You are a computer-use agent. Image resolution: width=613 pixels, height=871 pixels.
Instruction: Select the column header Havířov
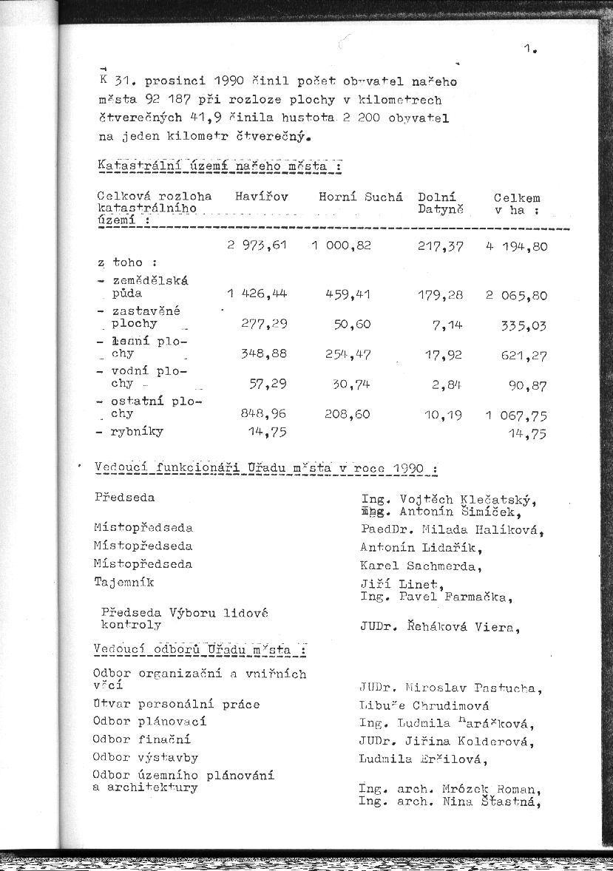coord(261,197)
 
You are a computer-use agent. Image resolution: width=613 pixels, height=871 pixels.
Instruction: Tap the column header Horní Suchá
coord(361,197)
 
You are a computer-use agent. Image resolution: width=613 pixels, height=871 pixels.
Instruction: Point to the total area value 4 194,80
coord(517,246)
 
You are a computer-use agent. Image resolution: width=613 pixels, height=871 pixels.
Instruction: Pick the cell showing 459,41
coord(348,294)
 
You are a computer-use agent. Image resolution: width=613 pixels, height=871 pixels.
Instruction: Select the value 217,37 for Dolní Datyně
coord(441,246)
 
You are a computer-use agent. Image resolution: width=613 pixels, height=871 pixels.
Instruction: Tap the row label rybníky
coord(138,432)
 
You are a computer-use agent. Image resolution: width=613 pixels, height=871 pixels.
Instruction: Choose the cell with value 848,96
coord(263,414)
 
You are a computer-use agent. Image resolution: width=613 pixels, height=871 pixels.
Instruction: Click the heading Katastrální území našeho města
coord(220,166)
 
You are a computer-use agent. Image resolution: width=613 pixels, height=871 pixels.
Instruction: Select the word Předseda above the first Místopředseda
coord(125,498)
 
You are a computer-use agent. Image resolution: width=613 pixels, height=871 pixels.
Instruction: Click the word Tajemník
coord(124,582)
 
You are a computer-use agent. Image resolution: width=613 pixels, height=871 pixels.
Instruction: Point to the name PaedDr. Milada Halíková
coord(452,529)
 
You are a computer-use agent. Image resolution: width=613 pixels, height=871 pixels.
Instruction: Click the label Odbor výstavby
coord(146,757)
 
